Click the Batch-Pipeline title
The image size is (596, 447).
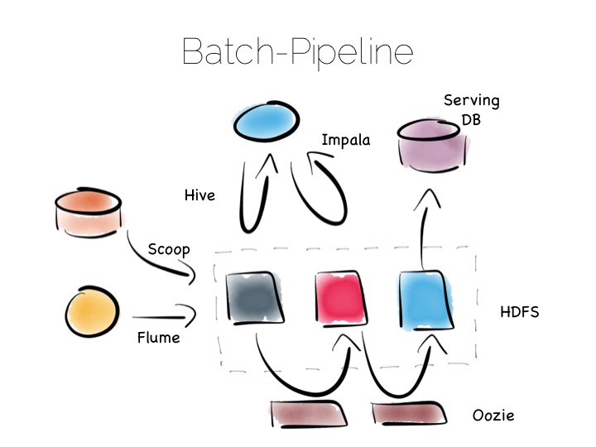pyautogui.click(x=298, y=52)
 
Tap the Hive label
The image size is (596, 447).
pyautogui.click(x=199, y=195)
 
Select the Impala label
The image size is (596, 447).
pyautogui.click(x=345, y=140)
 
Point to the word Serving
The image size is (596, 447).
pyautogui.click(x=471, y=101)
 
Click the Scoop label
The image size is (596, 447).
pyautogui.click(x=169, y=250)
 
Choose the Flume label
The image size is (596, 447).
pyautogui.click(x=158, y=338)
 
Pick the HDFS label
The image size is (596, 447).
pyautogui.click(x=520, y=312)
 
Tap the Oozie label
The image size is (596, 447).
pyautogui.click(x=493, y=416)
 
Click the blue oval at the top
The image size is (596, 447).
pyautogui.click(x=267, y=121)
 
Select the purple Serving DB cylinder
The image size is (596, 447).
pyautogui.click(x=432, y=146)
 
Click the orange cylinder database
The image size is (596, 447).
pyautogui.click(x=89, y=213)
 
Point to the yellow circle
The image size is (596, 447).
pyautogui.click(x=92, y=312)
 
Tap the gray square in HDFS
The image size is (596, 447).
pyautogui.click(x=254, y=298)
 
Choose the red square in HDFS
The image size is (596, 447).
pyautogui.click(x=341, y=298)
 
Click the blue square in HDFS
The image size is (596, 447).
pyautogui.click(x=426, y=300)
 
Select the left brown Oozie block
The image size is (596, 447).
pyautogui.click(x=308, y=414)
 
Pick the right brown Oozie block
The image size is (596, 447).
pyautogui.click(x=409, y=413)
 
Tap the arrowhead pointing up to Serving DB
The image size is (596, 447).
pyautogui.click(x=428, y=199)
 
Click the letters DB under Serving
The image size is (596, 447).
pyautogui.click(x=471, y=120)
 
